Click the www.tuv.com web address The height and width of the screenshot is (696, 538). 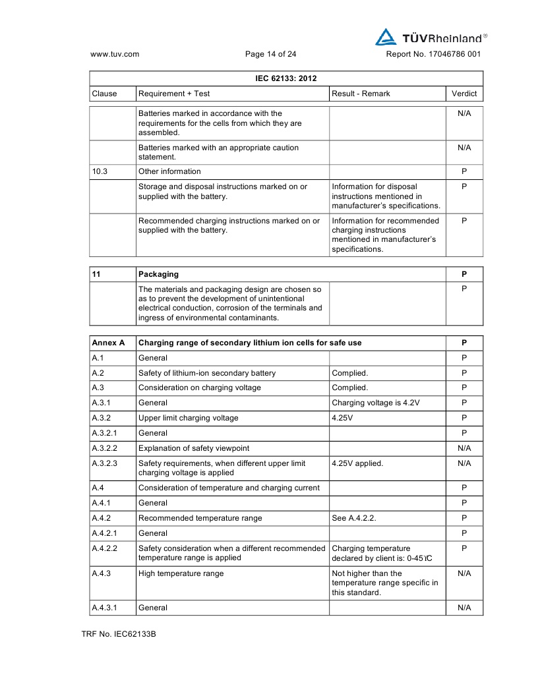[x=114, y=55]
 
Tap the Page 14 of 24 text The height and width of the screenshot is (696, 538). [x=270, y=55]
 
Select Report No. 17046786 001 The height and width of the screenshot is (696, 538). [x=433, y=55]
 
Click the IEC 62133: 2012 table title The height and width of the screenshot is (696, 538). [x=286, y=78]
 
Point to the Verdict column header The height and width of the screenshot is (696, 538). [x=464, y=94]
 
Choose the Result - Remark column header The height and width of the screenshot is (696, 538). [x=361, y=94]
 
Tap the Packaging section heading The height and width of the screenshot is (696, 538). [x=158, y=274]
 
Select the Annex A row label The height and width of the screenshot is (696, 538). [x=108, y=343]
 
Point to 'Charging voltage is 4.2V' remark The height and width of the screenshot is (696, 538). [x=376, y=403]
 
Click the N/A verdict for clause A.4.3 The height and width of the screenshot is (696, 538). [x=464, y=573]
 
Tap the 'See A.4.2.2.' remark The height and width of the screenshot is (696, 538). [x=354, y=518]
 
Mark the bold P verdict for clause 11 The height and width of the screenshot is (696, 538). [x=464, y=274]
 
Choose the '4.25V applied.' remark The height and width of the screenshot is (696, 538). [x=357, y=463]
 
